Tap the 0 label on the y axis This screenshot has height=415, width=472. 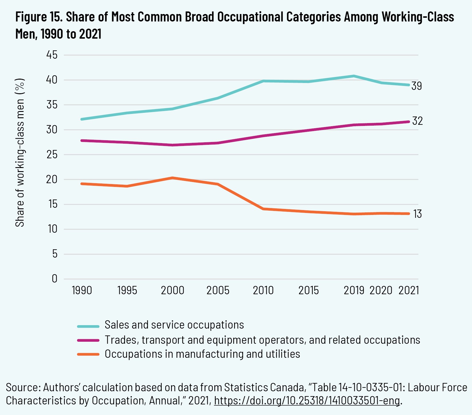pyautogui.click(x=54, y=278)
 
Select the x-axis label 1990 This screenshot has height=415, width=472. pyautogui.click(x=82, y=290)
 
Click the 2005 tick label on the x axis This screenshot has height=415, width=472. pyautogui.click(x=218, y=290)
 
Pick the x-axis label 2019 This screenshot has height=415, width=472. pyautogui.click(x=354, y=290)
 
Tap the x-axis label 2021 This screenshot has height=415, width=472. pyautogui.click(x=409, y=290)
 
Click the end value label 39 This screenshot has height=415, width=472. pyautogui.click(x=416, y=86)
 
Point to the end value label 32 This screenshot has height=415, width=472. pyautogui.click(x=417, y=121)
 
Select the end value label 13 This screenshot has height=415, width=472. pyautogui.click(x=417, y=214)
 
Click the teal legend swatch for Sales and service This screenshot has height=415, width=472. pyautogui.click(x=88, y=326)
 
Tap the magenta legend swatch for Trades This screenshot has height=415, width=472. pyautogui.click(x=88, y=340)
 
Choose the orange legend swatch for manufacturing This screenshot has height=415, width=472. pyautogui.click(x=88, y=354)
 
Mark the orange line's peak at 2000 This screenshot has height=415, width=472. pyautogui.click(x=173, y=178)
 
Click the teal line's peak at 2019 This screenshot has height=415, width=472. pyautogui.click(x=354, y=76)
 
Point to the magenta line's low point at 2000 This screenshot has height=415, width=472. pyautogui.click(x=173, y=145)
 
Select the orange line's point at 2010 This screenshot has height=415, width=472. pyautogui.click(x=263, y=209)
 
